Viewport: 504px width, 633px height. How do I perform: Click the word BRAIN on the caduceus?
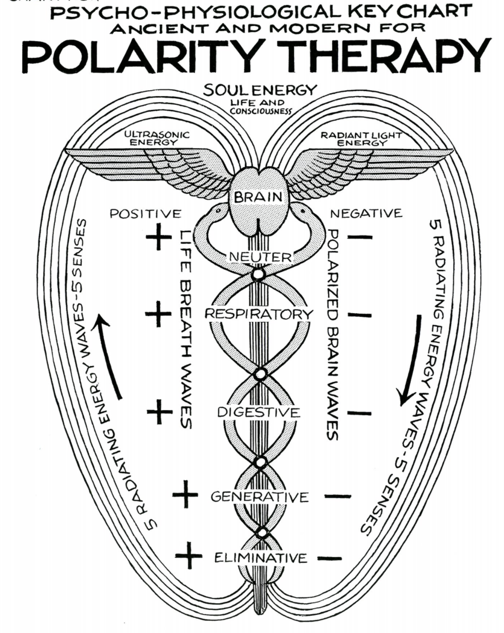pos(258,196)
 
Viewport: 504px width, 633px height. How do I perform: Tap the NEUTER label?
pos(260,257)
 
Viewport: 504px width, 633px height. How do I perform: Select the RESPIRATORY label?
pos(259,314)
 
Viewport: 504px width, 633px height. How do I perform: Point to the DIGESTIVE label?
pos(259,412)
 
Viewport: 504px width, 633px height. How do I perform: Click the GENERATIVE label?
pos(260,497)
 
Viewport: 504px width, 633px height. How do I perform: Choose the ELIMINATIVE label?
pos(261,558)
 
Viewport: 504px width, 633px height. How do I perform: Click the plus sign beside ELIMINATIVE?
pos(188,556)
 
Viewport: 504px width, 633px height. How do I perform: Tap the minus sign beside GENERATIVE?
pos(337,497)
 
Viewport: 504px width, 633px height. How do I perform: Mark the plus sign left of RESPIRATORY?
pos(158,314)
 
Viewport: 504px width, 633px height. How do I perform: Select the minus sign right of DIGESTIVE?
pos(359,413)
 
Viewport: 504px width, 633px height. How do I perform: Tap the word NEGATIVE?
pos(366,214)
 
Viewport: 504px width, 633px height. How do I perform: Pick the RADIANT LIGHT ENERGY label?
pos(361,138)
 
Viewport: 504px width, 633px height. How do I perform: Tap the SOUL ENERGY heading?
pos(260,91)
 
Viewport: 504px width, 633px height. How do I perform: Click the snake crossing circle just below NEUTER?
pos(259,274)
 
